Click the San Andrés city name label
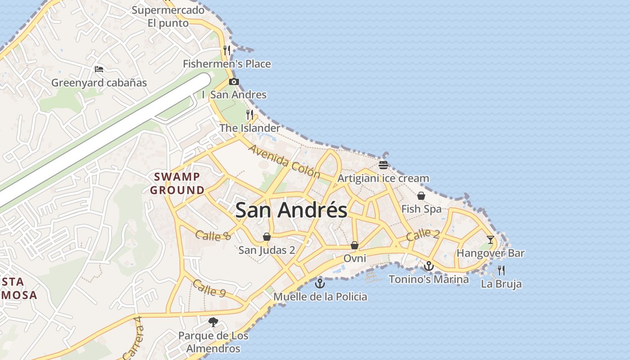tap(291, 210)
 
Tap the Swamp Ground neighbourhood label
tap(177, 183)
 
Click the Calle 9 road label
tap(209, 288)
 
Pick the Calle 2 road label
tap(423, 234)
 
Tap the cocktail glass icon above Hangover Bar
tap(490, 239)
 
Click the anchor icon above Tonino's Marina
tap(429, 266)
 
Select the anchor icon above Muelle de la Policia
tap(320, 283)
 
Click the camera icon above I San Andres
tap(234, 81)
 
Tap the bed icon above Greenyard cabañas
tap(99, 69)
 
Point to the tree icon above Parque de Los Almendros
tap(213, 322)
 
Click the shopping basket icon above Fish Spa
tap(421, 196)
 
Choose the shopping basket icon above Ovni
tap(355, 245)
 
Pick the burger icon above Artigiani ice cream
tap(383, 165)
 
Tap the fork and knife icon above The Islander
tap(250, 115)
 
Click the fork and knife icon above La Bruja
tap(501, 270)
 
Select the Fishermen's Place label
tap(227, 64)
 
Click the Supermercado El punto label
tap(168, 16)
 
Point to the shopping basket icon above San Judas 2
tap(267, 237)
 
